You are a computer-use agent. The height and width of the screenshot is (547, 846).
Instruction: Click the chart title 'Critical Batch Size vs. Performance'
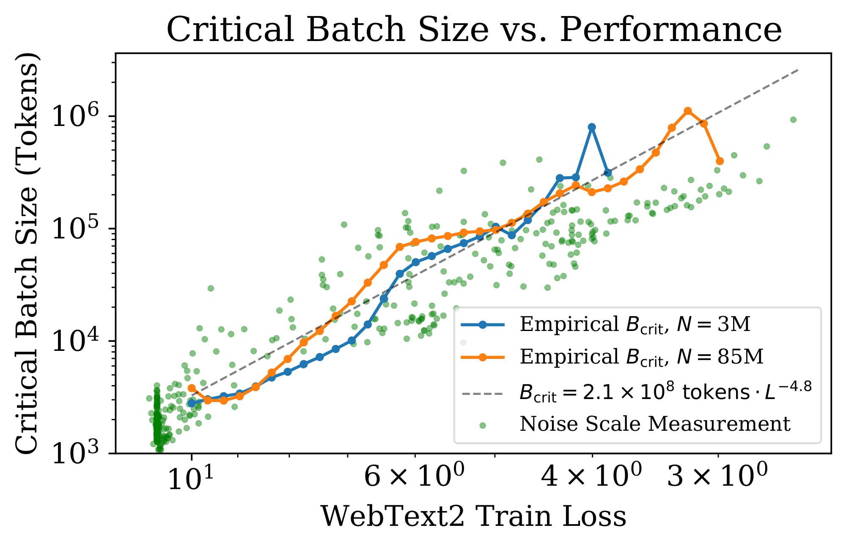pos(474,30)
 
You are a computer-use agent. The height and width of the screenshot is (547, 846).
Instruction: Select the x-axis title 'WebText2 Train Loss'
pos(473,516)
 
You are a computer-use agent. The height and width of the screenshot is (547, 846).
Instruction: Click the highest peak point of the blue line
pos(592,127)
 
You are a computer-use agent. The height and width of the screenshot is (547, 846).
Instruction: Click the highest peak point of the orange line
pos(688,111)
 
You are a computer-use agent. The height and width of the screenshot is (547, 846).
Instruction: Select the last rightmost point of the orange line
pos(720,161)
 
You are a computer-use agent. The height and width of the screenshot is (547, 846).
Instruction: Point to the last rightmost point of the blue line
pos(608,172)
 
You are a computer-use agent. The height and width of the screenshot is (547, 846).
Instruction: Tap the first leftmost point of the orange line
pos(192,388)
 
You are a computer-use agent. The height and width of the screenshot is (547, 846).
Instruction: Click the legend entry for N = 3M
pos(634,325)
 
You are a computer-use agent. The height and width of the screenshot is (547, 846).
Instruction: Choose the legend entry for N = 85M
pos(641,357)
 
